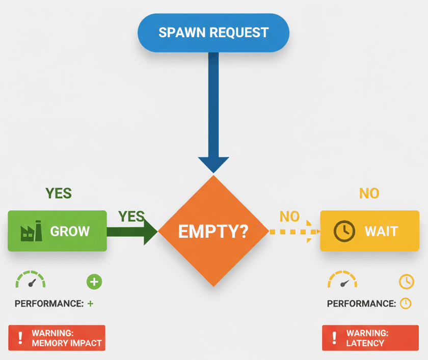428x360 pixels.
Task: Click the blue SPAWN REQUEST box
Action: [213, 33]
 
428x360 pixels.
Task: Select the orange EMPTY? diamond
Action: [213, 231]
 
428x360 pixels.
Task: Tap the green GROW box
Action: [57, 231]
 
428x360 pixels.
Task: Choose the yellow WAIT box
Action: [369, 231]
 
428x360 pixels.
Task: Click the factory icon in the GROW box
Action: [32, 232]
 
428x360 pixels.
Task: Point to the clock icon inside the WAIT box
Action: [344, 232]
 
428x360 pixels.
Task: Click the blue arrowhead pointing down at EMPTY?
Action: [213, 164]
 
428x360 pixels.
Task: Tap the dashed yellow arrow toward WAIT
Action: [293, 232]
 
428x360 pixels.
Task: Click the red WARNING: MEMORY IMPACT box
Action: [57, 338]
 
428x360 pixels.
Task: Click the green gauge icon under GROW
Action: [31, 281]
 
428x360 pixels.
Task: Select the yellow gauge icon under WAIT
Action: [342, 281]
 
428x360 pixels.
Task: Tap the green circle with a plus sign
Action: [94, 282]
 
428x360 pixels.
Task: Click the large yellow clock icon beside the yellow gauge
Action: [406, 282]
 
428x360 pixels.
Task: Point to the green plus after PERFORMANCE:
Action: [90, 303]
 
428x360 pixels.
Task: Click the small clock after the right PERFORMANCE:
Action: [405, 303]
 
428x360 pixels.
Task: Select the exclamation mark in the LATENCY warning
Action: [334, 338]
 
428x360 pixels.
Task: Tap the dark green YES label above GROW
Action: [59, 193]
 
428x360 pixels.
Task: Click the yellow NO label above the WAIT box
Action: [369, 193]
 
